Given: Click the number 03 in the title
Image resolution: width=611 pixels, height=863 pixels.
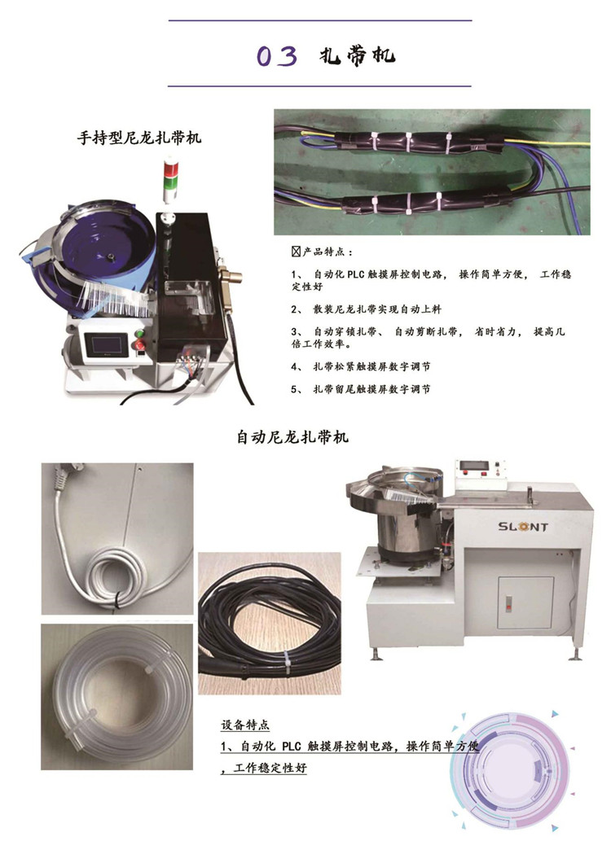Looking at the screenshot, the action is tap(277, 56).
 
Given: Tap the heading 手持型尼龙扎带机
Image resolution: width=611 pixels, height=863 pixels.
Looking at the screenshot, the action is tap(138, 137).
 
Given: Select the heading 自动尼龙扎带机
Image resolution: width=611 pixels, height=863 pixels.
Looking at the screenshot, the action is tap(292, 437).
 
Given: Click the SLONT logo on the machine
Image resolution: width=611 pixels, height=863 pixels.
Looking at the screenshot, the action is tap(523, 527).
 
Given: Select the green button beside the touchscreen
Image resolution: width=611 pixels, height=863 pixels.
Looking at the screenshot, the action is tap(138, 333).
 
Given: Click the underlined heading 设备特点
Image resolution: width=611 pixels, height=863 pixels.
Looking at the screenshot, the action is tap(244, 725).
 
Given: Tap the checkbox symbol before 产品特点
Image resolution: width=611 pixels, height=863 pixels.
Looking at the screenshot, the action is tap(296, 252).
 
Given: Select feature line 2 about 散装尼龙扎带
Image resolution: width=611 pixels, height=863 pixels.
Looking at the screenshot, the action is tap(366, 309).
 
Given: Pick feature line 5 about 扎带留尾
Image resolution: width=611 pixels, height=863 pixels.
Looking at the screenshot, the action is tap(360, 389).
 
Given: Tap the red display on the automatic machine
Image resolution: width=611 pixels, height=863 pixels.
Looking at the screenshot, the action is tap(474, 466).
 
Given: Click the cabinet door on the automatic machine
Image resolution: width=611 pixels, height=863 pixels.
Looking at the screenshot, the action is tap(525, 602).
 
